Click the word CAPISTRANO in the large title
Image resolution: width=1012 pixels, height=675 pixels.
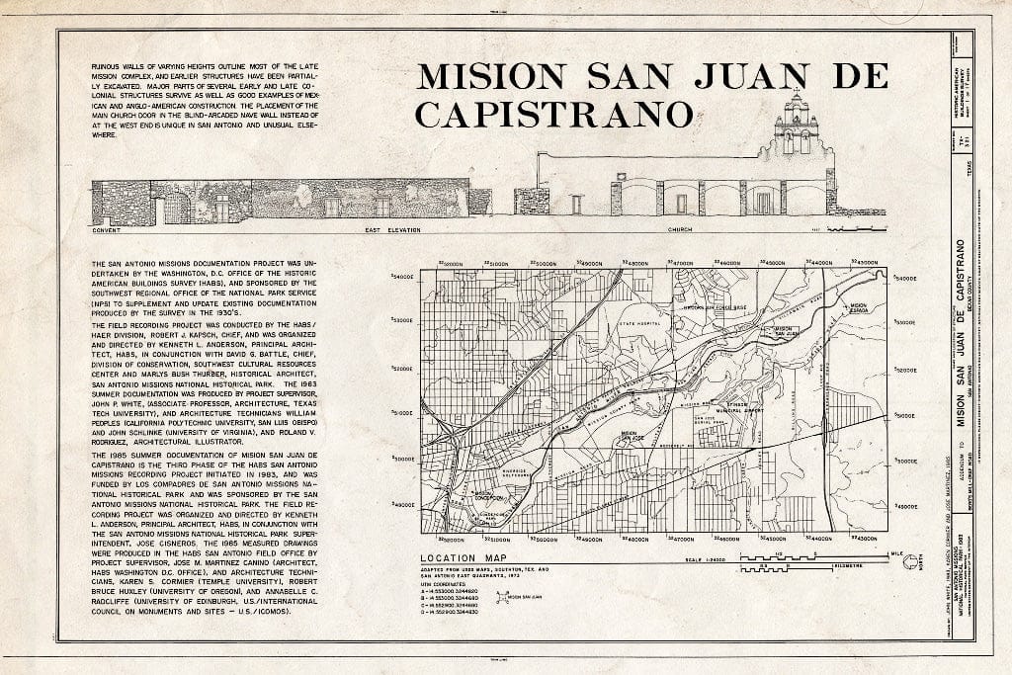click(x=552, y=114)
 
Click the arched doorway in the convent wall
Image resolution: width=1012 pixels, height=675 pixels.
click(x=176, y=209)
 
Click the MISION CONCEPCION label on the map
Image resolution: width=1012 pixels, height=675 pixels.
click(x=484, y=497)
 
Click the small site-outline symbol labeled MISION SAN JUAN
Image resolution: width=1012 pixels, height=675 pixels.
click(x=500, y=599)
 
